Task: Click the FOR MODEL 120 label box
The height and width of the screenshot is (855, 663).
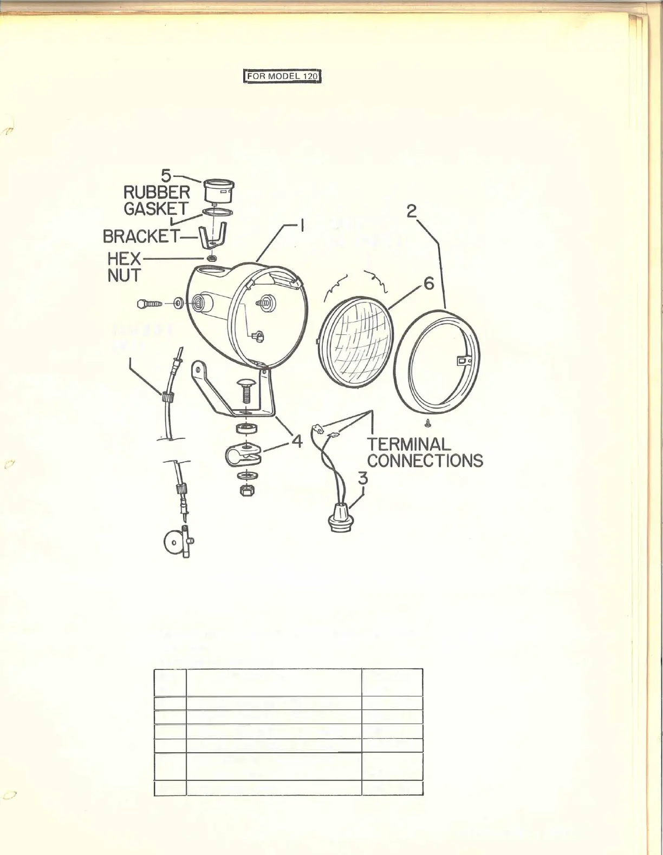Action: [x=282, y=77]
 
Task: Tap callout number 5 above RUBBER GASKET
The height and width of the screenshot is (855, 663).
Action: [x=166, y=176]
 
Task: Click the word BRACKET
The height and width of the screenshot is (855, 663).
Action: [x=141, y=236]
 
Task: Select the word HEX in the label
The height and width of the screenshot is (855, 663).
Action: [x=124, y=258]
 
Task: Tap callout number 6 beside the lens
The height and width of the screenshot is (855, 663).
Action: [x=428, y=283]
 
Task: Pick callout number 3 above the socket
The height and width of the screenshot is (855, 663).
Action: [x=362, y=478]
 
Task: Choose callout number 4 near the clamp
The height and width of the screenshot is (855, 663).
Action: [x=296, y=441]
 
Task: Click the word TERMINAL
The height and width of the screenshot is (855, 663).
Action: [x=409, y=444]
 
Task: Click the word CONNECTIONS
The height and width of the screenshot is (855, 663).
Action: [x=425, y=461]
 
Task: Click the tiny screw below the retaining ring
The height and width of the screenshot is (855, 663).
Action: [x=428, y=422]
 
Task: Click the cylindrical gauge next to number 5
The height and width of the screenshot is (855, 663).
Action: [x=218, y=192]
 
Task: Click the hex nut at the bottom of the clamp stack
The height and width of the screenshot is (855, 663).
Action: [x=247, y=491]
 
